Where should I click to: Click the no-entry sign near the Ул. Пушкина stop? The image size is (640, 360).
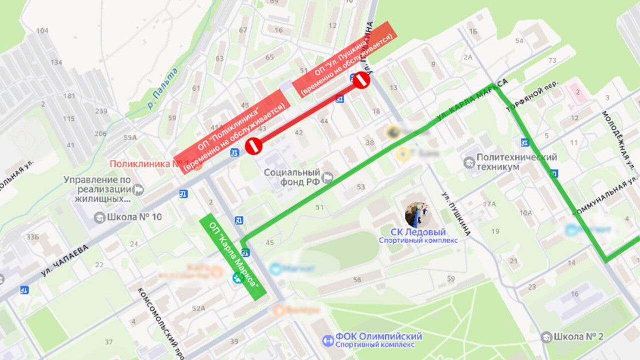(x=361, y=80)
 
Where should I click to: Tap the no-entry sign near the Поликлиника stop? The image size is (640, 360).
(x=254, y=146)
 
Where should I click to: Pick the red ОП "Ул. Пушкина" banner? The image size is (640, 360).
(x=344, y=59)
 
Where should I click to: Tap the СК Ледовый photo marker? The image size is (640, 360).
(x=417, y=215)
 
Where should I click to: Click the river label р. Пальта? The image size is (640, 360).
(x=163, y=89)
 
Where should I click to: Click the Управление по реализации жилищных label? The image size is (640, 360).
(x=97, y=189)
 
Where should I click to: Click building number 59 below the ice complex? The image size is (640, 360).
(x=451, y=278)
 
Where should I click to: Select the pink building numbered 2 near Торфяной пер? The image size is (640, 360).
(x=577, y=92)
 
